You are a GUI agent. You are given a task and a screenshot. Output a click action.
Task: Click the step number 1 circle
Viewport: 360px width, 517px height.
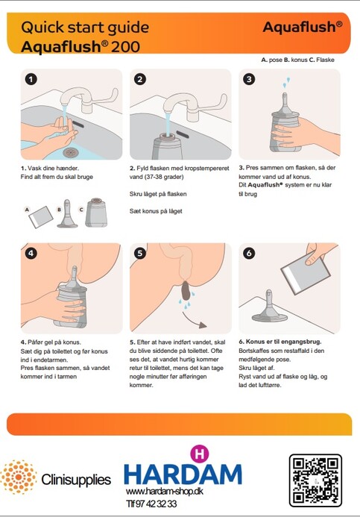click(x=31, y=80)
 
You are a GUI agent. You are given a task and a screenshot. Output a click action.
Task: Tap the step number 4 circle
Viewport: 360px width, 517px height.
click(x=31, y=253)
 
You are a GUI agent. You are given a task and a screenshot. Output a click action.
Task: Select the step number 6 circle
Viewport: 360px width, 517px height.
click(x=249, y=253)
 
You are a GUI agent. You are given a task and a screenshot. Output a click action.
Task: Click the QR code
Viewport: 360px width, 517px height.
click(x=315, y=480)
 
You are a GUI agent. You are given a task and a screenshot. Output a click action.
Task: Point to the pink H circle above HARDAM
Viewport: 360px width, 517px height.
click(x=199, y=454)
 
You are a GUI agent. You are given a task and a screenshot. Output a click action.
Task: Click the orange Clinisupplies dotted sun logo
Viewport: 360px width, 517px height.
click(x=19, y=477)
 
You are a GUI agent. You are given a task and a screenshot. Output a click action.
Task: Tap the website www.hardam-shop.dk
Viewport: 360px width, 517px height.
click(x=164, y=492)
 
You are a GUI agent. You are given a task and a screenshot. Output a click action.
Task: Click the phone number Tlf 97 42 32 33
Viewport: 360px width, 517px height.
click(x=151, y=504)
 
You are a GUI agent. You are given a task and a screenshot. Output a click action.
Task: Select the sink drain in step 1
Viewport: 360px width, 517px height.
click(x=70, y=152)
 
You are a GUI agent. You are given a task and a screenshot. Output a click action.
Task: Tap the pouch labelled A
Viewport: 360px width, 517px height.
click(x=41, y=217)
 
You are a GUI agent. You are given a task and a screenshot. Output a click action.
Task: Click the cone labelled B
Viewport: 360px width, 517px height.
click(x=67, y=213)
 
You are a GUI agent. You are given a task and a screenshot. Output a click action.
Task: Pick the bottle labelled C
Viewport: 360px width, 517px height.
click(x=96, y=213)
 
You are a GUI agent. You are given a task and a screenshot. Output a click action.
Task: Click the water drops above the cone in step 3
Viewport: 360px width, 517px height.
click(x=286, y=82)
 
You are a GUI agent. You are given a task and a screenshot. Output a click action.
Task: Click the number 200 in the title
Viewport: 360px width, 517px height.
click(x=125, y=46)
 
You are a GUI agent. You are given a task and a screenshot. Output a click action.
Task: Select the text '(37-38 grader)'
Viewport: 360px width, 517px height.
click(x=157, y=177)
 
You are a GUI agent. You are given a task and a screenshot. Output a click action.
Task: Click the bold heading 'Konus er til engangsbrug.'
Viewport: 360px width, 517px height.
click(x=283, y=342)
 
